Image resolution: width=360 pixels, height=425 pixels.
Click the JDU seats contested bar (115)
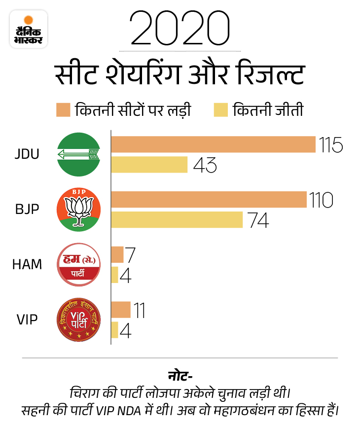[x=213, y=144]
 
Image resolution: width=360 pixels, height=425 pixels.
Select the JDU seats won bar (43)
[x=149, y=165]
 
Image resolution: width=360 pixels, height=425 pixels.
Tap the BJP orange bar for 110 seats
[x=209, y=200]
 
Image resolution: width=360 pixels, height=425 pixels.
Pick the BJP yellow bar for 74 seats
[x=177, y=220]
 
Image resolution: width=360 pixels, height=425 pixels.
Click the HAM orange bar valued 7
[x=117, y=254]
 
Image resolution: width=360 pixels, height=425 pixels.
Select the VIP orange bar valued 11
[x=121, y=310]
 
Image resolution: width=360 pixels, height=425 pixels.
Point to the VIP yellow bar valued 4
[x=115, y=330]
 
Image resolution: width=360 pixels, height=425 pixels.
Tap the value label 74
[x=258, y=220]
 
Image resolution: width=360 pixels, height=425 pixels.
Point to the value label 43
[x=205, y=165]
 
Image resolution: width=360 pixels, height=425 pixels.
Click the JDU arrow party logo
[x=79, y=155]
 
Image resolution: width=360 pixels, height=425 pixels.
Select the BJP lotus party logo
[x=79, y=210]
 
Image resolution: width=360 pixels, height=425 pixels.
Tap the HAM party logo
[x=79, y=265]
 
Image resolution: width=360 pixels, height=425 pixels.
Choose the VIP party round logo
[x=79, y=320]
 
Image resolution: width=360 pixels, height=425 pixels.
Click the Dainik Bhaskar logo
[x=29, y=29]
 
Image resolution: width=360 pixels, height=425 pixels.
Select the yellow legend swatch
[x=220, y=109]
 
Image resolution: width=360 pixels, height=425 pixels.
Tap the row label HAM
[x=27, y=265]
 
